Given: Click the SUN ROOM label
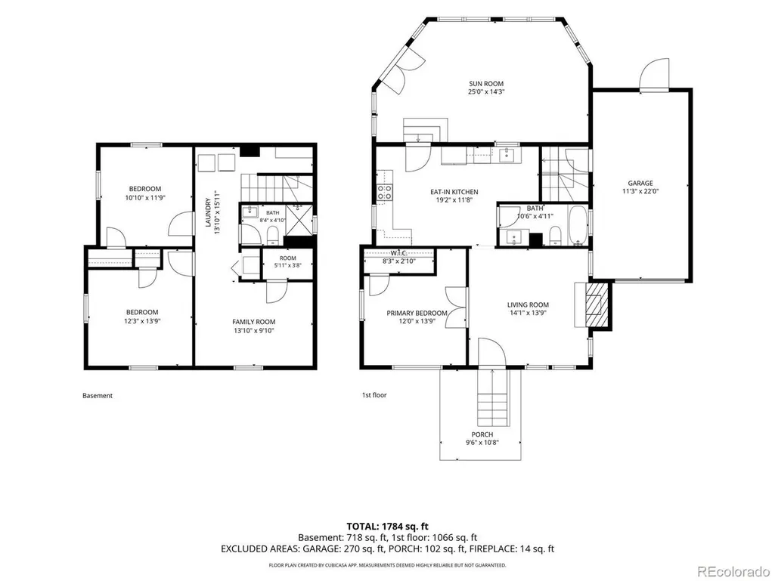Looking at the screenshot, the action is [486, 84].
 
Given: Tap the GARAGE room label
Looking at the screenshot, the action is [640, 183].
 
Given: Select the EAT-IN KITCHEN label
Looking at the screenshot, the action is [454, 192].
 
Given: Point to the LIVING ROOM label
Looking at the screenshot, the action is [528, 304].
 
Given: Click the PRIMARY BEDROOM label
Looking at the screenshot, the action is [417, 314].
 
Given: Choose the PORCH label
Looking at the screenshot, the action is [482, 434].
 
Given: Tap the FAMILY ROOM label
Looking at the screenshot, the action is [254, 322].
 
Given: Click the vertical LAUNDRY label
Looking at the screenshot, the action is [208, 212].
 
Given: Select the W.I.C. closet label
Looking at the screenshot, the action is [398, 253].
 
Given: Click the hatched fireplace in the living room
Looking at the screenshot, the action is [597, 304].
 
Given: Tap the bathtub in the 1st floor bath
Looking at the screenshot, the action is [576, 226].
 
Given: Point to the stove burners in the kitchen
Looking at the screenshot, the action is [385, 192].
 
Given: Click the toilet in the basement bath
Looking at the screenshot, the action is [272, 236].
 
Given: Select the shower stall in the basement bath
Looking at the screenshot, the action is [298, 220].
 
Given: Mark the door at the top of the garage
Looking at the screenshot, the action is [654, 74].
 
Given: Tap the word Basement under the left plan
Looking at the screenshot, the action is [98, 395].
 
